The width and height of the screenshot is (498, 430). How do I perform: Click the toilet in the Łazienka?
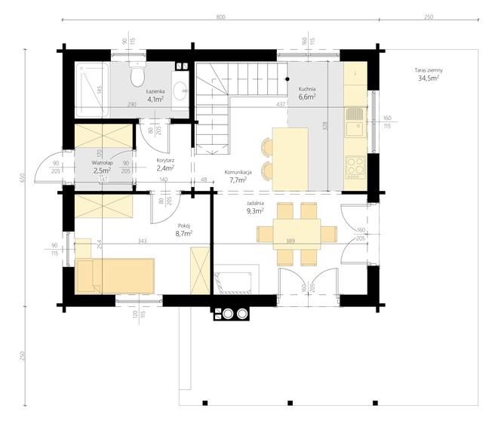tap(137, 75)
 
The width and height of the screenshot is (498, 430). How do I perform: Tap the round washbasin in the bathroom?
tap(181, 89)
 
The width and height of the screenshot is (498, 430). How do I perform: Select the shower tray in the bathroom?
tap(92, 90)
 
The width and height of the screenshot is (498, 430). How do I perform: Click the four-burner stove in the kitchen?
tap(355, 167)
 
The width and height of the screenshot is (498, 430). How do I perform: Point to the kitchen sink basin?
tap(355, 129)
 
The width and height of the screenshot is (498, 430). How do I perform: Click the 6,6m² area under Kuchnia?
tap(307, 97)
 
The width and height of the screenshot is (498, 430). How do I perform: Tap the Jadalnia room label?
tap(255, 203)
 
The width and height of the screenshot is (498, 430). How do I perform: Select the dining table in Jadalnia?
tap(297, 235)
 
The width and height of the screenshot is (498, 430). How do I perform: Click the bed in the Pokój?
tap(115, 275)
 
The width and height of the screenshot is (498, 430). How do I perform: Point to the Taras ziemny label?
tap(429, 70)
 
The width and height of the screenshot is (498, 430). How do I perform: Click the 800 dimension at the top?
tap(221, 17)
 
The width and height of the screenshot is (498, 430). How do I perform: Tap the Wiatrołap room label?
tap(103, 163)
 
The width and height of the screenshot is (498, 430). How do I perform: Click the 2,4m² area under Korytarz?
tap(165, 167)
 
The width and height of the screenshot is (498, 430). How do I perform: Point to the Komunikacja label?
tap(238, 172)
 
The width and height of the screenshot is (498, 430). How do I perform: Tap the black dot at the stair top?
tap(287, 79)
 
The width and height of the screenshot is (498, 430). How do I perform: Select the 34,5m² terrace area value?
tap(429, 78)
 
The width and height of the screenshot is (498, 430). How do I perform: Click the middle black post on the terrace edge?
tap(290, 403)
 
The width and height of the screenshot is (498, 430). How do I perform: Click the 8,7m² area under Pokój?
tap(184, 234)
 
